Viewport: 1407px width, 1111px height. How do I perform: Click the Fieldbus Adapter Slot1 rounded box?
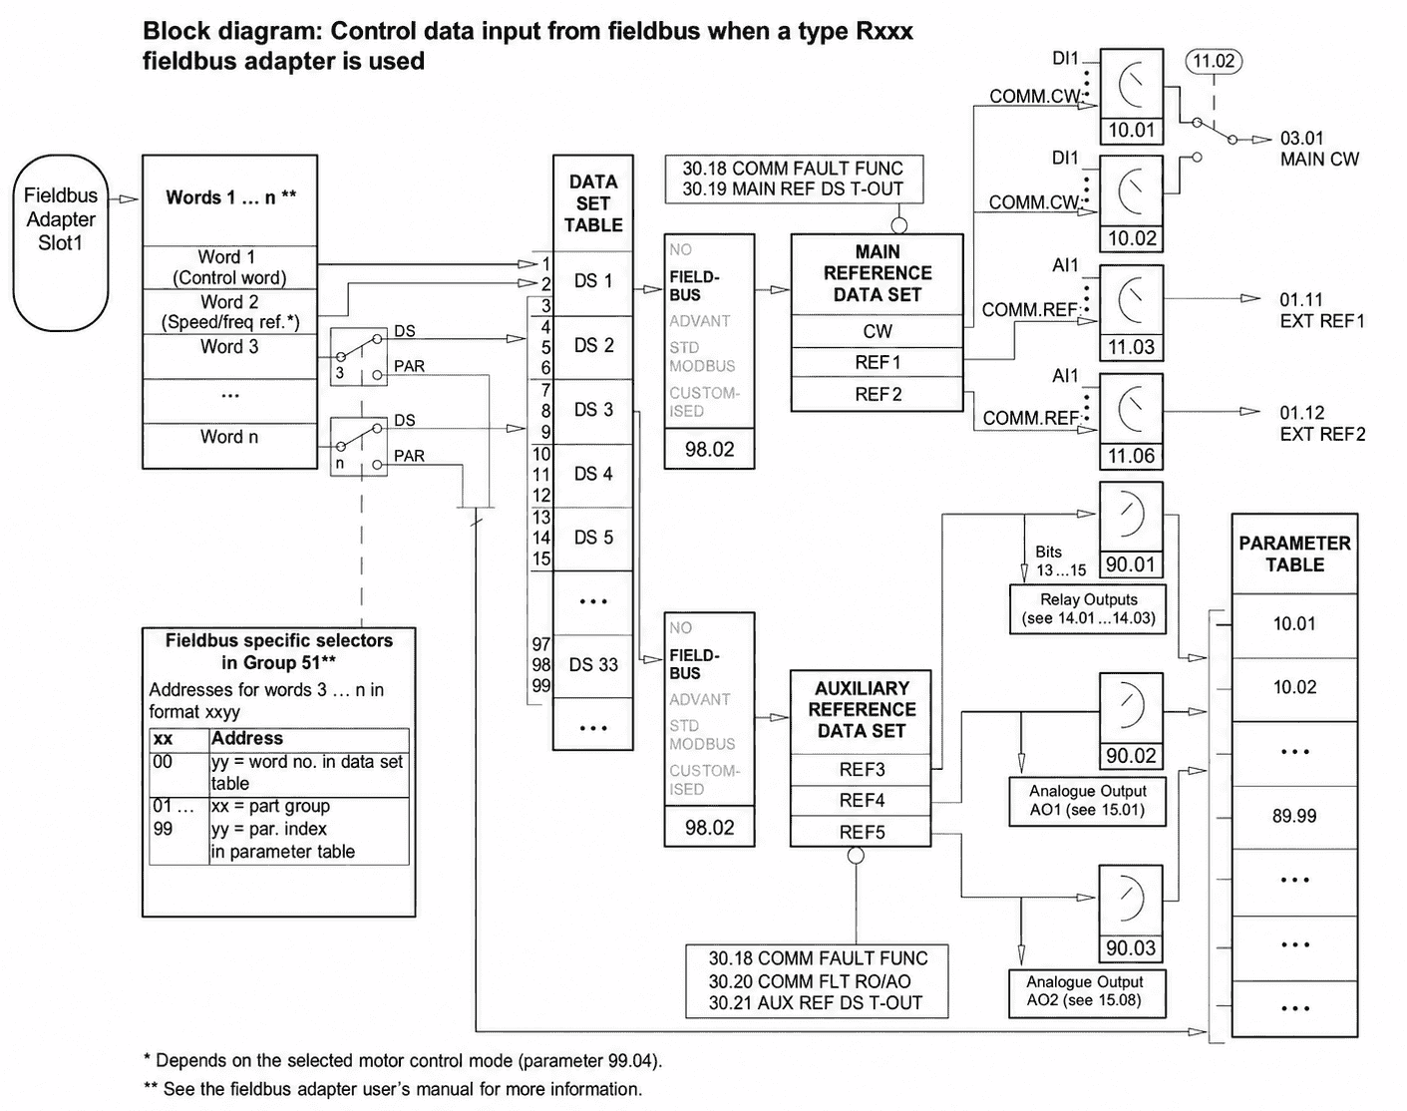click(x=61, y=242)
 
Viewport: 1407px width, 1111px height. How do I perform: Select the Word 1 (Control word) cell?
click(x=229, y=267)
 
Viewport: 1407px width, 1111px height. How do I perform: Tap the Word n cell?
click(x=229, y=445)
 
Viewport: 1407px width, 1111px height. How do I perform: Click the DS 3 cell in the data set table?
click(x=593, y=410)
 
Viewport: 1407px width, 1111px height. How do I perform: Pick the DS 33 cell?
click(x=593, y=665)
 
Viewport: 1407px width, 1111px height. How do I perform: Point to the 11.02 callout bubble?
click(x=1214, y=62)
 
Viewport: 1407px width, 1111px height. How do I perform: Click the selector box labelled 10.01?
click(x=1131, y=96)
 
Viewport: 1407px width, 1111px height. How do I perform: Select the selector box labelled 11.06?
click(x=1131, y=422)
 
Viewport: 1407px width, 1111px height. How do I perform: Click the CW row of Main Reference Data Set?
click(x=877, y=331)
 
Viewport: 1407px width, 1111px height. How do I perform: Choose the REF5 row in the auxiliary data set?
click(x=862, y=832)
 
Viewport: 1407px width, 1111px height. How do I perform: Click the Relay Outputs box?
click(x=1088, y=608)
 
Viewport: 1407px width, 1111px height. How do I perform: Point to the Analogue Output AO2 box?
click(x=1087, y=993)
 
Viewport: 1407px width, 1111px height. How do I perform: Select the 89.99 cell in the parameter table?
click(x=1294, y=816)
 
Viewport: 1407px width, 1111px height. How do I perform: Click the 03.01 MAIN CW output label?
click(x=1318, y=149)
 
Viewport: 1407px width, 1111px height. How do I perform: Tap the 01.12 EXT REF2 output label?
click(x=1322, y=423)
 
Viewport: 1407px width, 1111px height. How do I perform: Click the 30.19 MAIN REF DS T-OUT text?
click(x=793, y=188)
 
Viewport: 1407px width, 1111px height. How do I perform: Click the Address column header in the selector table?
click(x=247, y=738)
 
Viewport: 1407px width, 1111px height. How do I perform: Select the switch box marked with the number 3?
click(x=358, y=356)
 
